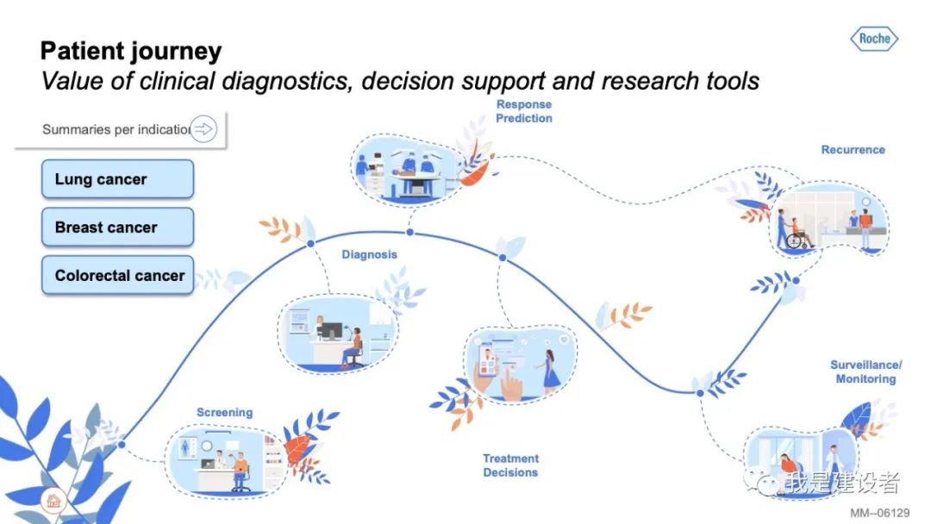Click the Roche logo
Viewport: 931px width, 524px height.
875,39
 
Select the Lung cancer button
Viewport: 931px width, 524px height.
117,179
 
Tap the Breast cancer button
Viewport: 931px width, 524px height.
117,228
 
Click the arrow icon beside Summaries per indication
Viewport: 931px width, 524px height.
204,129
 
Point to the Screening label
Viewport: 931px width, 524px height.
224,413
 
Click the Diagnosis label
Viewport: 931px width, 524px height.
369,254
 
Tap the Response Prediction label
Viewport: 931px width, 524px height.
523,111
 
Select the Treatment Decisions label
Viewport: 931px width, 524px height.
510,465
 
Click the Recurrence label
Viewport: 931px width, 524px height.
853,150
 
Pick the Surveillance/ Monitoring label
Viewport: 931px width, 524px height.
865,372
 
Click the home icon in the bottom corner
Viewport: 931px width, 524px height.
53,501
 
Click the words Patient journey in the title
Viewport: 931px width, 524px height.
131,51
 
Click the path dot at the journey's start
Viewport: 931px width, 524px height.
122,445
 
